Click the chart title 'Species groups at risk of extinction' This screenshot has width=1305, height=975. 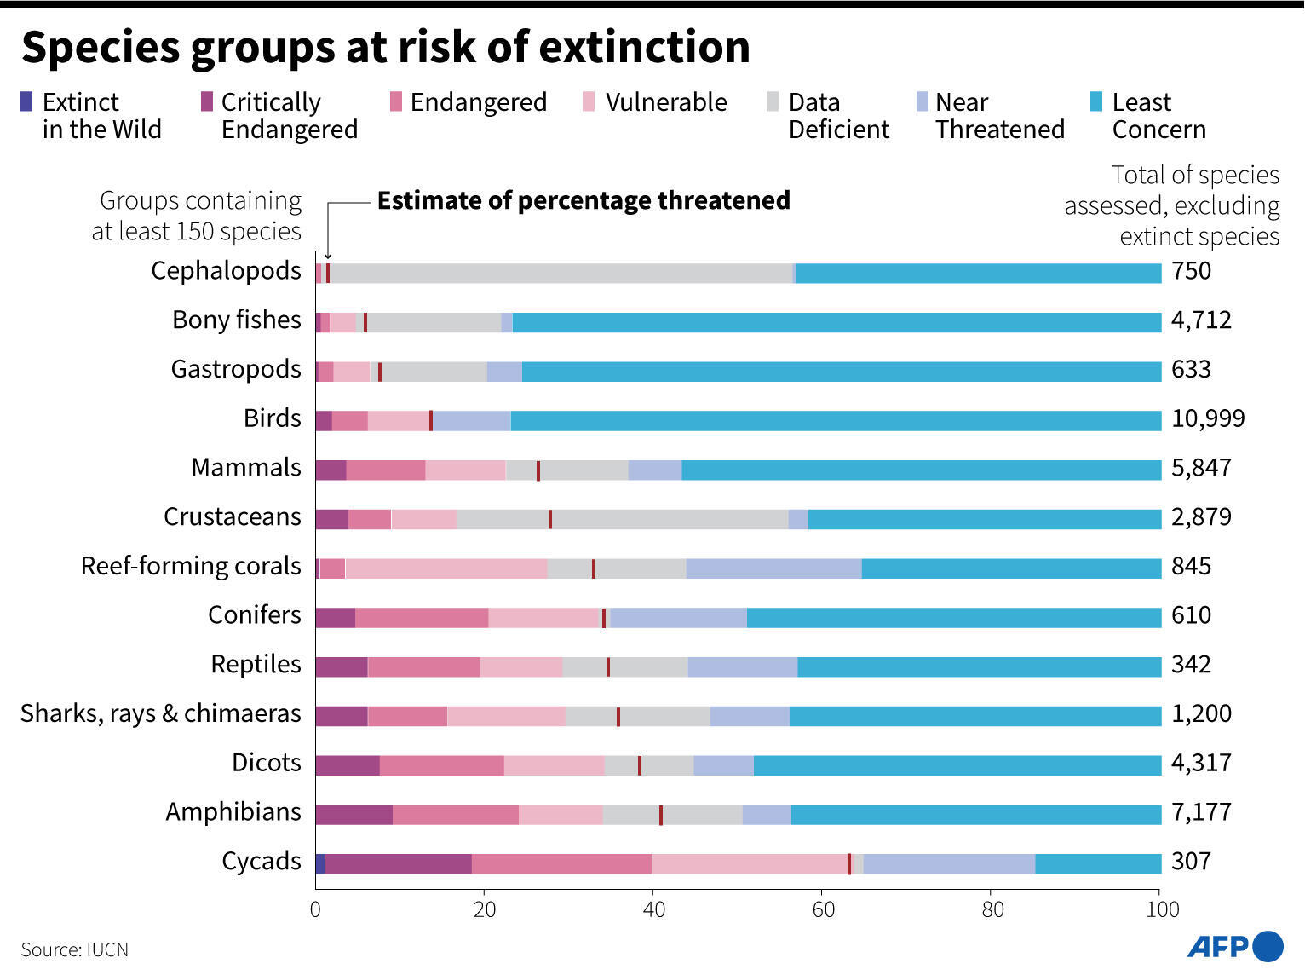click(385, 47)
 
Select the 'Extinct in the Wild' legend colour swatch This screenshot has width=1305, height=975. click(26, 102)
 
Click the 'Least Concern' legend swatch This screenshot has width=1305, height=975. click(1097, 102)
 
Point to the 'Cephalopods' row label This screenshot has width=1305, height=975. click(226, 271)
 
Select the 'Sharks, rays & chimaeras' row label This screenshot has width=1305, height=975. click(161, 713)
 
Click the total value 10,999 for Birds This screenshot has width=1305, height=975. click(1207, 418)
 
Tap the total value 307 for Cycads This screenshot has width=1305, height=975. click(1191, 862)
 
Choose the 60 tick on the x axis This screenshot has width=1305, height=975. click(823, 909)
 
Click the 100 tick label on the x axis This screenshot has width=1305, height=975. click(1162, 909)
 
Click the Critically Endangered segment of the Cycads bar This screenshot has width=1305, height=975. click(398, 863)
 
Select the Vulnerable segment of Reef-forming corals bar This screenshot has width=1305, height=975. click(446, 568)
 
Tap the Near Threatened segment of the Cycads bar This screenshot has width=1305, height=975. click(949, 863)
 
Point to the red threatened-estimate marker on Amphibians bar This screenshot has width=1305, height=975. click(661, 815)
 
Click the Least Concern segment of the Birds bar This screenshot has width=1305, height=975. click(835, 421)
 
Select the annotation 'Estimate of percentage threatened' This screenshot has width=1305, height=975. click(584, 201)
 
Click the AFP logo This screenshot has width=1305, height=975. click(1234, 946)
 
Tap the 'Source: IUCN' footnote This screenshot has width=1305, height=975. click(75, 950)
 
